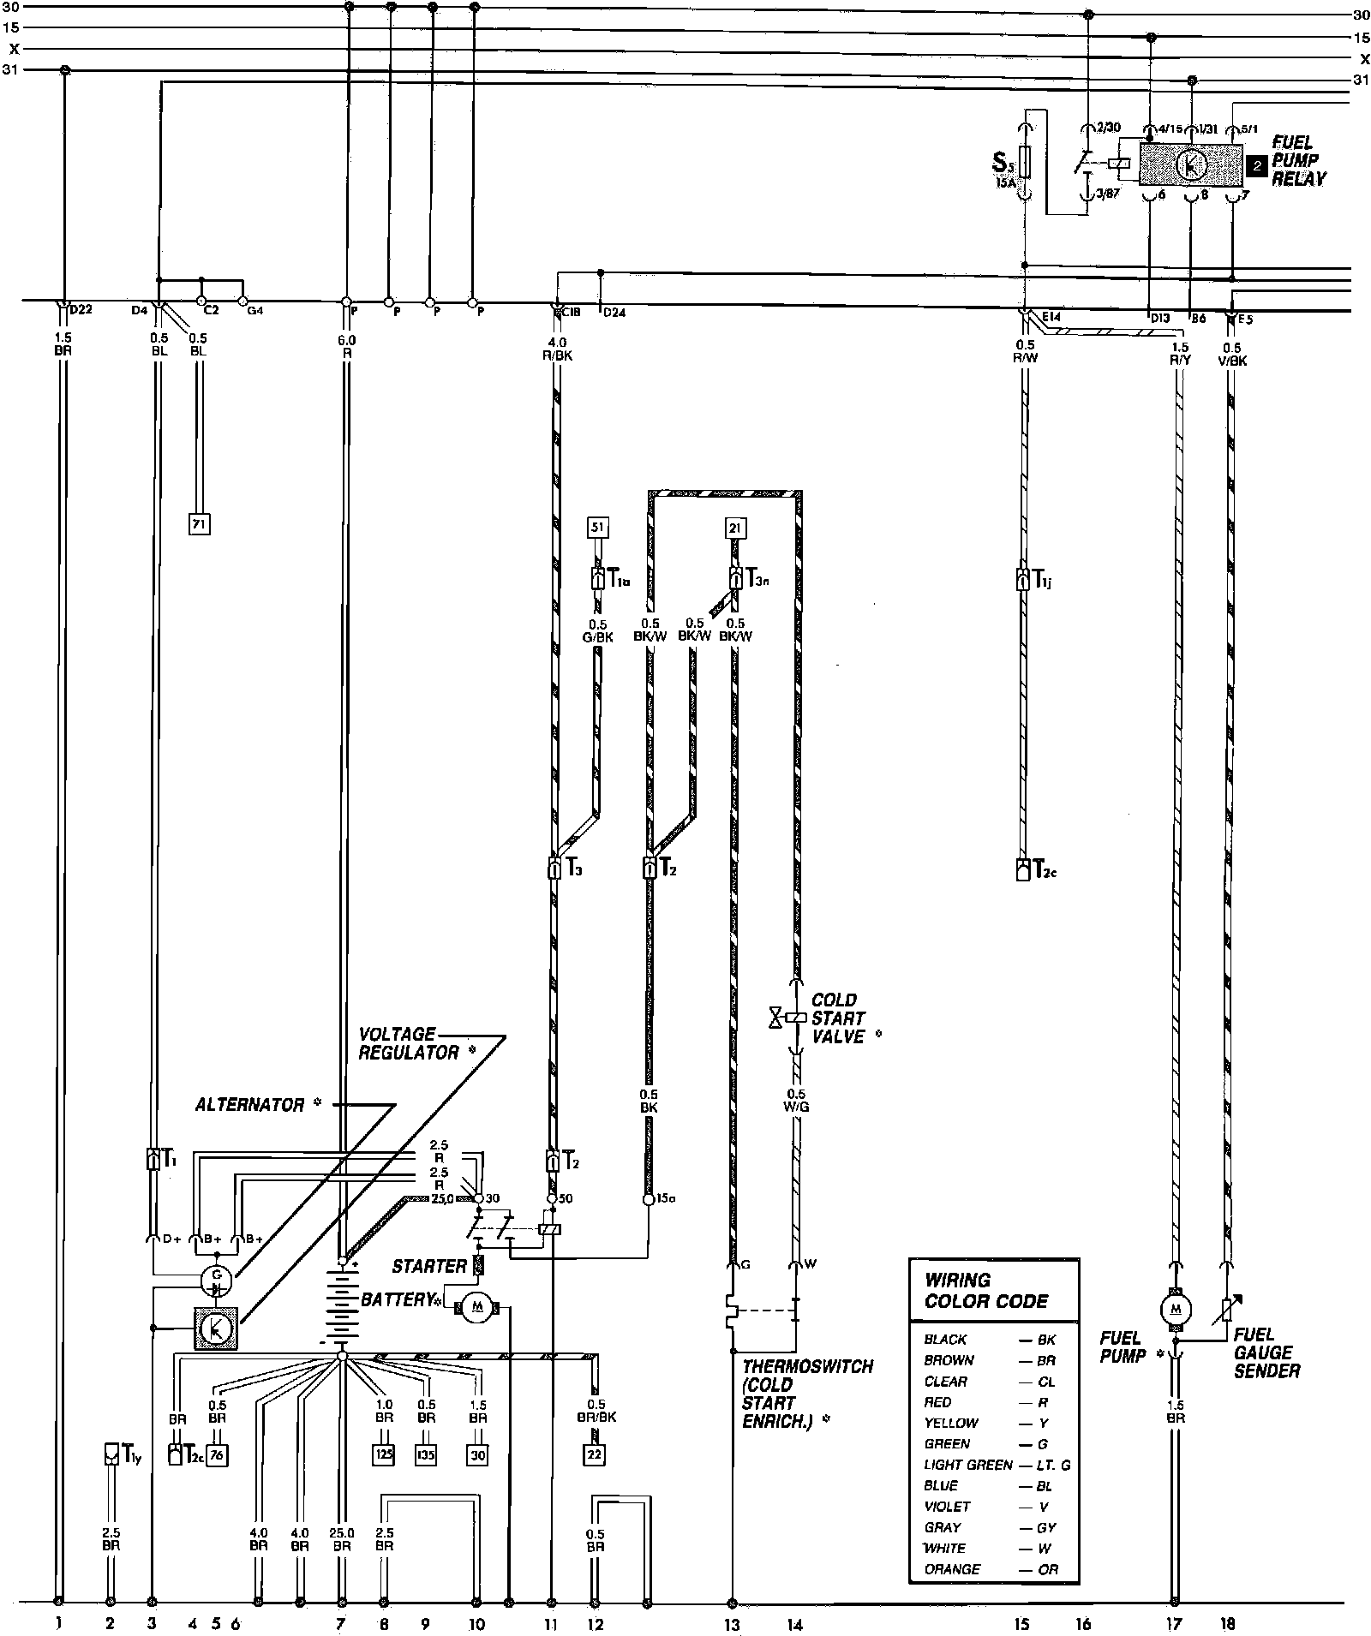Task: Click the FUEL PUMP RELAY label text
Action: click(x=1297, y=161)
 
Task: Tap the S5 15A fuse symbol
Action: click(x=1024, y=162)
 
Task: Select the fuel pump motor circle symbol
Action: click(x=1176, y=1308)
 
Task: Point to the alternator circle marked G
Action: click(x=215, y=1281)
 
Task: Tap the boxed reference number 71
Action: click(x=199, y=522)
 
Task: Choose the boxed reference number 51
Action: click(x=597, y=528)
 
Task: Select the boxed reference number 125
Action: click(x=384, y=1455)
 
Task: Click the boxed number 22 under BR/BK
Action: click(x=594, y=1455)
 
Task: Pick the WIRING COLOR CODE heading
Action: click(x=986, y=1291)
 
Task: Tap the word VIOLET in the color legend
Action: click(x=947, y=1506)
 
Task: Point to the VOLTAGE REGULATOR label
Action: click(x=409, y=1043)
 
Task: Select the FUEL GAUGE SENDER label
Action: click(x=1266, y=1352)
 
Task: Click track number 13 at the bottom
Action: click(x=732, y=1624)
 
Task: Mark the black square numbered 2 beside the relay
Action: click(x=1256, y=166)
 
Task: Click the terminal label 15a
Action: click(x=666, y=1199)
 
